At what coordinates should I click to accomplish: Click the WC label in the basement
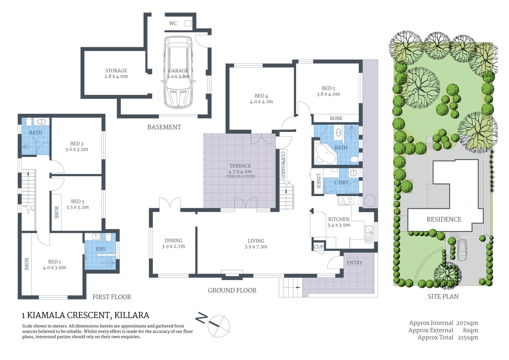point(173,23)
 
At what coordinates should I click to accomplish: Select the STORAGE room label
point(116,70)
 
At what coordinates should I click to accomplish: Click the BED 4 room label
point(261,96)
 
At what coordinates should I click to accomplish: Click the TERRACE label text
point(240,166)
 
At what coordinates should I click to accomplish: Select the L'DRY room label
point(341,182)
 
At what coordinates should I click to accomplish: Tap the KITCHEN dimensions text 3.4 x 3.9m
point(339,225)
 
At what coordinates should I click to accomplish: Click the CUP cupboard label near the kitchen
point(319,247)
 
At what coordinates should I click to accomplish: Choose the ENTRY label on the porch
point(355,262)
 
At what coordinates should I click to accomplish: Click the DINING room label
point(174,241)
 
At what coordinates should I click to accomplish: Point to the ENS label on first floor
point(100,249)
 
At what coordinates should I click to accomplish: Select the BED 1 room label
point(54,262)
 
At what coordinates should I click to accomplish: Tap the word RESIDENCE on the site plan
point(444,219)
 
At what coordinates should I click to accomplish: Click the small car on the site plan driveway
point(463,250)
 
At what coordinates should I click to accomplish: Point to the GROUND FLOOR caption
point(232,290)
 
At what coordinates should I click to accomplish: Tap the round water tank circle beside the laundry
point(370,201)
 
